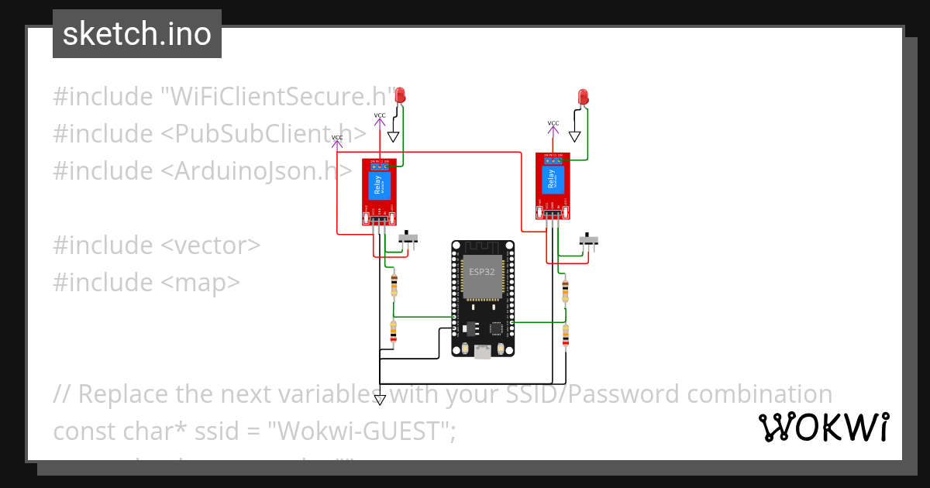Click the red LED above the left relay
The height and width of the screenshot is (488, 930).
pos(401,96)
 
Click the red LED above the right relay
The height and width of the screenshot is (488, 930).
pos(584,97)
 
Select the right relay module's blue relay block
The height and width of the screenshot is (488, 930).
pos(552,183)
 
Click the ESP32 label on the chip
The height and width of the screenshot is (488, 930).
pos(480,272)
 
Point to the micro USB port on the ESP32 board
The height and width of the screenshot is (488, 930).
pos(482,352)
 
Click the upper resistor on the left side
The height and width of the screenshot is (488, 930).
pos(395,284)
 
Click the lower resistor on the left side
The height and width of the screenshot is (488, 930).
pos(394,332)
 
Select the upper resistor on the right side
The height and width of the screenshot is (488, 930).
pos(565,290)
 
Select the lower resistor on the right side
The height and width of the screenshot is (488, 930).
pos(565,336)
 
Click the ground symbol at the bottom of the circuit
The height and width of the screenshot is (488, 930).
pos(380,400)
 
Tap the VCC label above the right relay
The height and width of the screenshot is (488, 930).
pos(553,123)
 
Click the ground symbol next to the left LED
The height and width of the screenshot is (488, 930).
pos(393,137)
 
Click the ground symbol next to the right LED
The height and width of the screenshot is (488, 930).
pos(574,136)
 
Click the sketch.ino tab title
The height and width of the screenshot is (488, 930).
pos(137,34)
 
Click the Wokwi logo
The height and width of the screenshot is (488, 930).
pos(823,428)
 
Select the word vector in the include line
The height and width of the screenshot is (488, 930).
pos(211,246)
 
